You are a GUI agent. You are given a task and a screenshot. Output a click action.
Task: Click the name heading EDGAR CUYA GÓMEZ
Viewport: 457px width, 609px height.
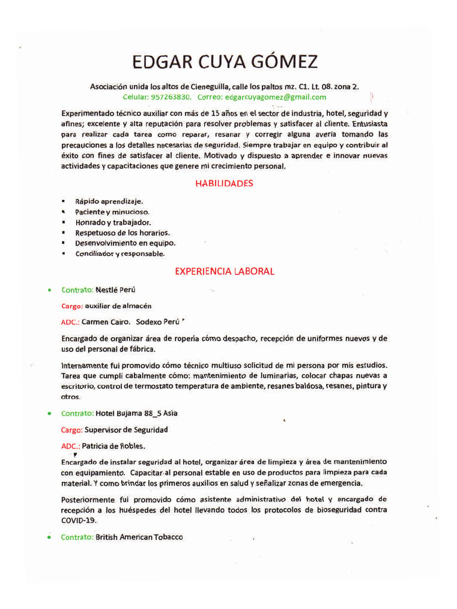225,62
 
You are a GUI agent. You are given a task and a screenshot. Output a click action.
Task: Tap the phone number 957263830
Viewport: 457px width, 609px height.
171,97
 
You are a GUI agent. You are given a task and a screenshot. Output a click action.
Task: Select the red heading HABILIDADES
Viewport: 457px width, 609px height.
224,183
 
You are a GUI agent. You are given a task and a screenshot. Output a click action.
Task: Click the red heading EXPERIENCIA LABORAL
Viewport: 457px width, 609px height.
224,271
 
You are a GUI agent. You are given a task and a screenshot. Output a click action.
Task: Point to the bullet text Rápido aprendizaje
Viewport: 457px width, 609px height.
109,202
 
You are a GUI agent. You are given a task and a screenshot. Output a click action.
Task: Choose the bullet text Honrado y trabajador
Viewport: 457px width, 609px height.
109,222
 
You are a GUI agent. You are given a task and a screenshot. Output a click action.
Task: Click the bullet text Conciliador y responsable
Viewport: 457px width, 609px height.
119,253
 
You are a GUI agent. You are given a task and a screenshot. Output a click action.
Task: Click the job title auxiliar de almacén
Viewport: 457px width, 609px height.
118,306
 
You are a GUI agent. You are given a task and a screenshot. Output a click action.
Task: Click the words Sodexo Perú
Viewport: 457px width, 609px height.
158,322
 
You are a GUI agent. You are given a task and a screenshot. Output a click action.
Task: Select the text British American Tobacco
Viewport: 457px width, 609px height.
139,537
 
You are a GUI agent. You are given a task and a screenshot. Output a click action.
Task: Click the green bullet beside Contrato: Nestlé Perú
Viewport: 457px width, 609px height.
49,290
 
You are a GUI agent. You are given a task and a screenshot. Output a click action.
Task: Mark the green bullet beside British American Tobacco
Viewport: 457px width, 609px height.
49,537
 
